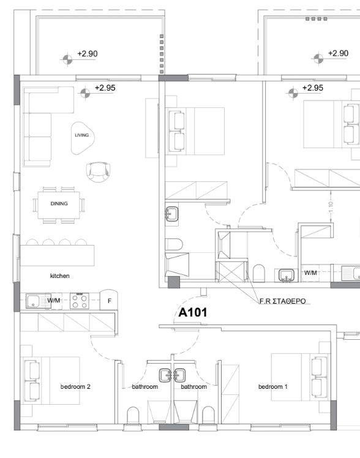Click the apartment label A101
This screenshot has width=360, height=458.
(x=192, y=313)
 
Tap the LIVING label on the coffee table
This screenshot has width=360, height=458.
(x=81, y=135)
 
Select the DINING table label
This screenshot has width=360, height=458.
(x=59, y=203)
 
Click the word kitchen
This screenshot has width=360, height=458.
(x=60, y=276)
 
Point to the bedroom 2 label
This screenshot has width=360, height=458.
(x=75, y=387)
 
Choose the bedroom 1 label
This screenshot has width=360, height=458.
(x=273, y=387)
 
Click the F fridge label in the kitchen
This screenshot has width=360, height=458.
(x=109, y=301)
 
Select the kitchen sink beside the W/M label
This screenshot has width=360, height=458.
(x=34, y=301)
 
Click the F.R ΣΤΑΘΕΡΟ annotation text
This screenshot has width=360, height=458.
(x=282, y=301)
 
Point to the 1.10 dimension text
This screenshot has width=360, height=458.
(x=331, y=208)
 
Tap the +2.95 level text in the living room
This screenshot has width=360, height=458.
(x=105, y=88)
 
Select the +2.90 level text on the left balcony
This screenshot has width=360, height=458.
(x=87, y=54)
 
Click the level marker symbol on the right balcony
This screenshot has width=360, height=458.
(x=317, y=58)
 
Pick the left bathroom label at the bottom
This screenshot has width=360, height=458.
(x=144, y=387)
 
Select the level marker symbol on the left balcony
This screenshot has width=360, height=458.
(x=66, y=59)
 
